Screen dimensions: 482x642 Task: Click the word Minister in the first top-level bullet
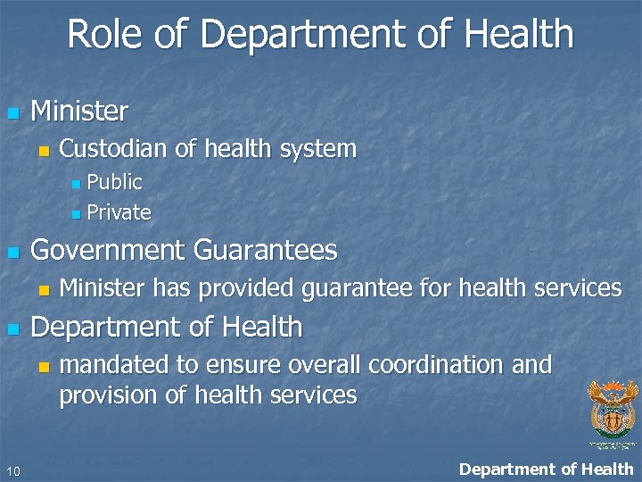(79, 112)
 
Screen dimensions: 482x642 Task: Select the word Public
(114, 182)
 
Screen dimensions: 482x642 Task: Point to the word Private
(119, 212)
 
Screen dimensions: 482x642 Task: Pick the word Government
(105, 250)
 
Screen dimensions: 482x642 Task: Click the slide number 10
(12, 471)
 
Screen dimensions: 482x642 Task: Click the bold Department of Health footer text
(546, 469)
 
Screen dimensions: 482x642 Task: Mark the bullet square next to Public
(76, 184)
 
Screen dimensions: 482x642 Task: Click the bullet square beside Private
(76, 214)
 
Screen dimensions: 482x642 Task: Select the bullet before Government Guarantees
(12, 253)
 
